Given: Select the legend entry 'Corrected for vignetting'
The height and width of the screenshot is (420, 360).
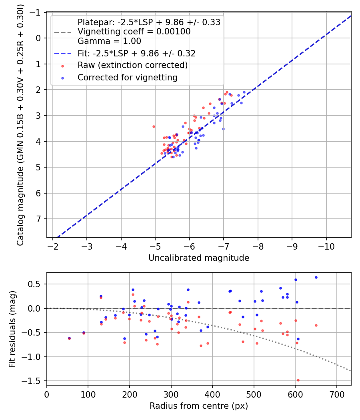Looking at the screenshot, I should [128, 77].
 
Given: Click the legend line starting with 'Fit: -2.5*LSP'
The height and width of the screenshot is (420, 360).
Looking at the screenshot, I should [136, 52].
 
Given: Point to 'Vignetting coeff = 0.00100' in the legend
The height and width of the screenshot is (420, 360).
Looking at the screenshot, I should [134, 31].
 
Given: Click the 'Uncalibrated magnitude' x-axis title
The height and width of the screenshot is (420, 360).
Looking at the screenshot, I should [199, 258].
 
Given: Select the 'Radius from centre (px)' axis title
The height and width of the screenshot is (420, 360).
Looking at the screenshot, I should [199, 406].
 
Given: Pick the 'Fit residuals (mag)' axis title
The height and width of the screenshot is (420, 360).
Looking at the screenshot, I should [12, 329].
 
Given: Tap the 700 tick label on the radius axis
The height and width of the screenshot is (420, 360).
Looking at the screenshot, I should [336, 394].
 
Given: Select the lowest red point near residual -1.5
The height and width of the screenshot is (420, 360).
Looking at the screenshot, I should [298, 380].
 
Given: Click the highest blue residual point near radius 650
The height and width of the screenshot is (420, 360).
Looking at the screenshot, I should [316, 277].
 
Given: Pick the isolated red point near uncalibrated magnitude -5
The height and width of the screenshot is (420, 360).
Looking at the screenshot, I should [154, 126].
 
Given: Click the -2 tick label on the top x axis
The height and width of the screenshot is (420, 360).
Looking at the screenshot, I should [52, 246].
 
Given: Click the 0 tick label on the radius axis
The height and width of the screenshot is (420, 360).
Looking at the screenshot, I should [47, 394].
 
